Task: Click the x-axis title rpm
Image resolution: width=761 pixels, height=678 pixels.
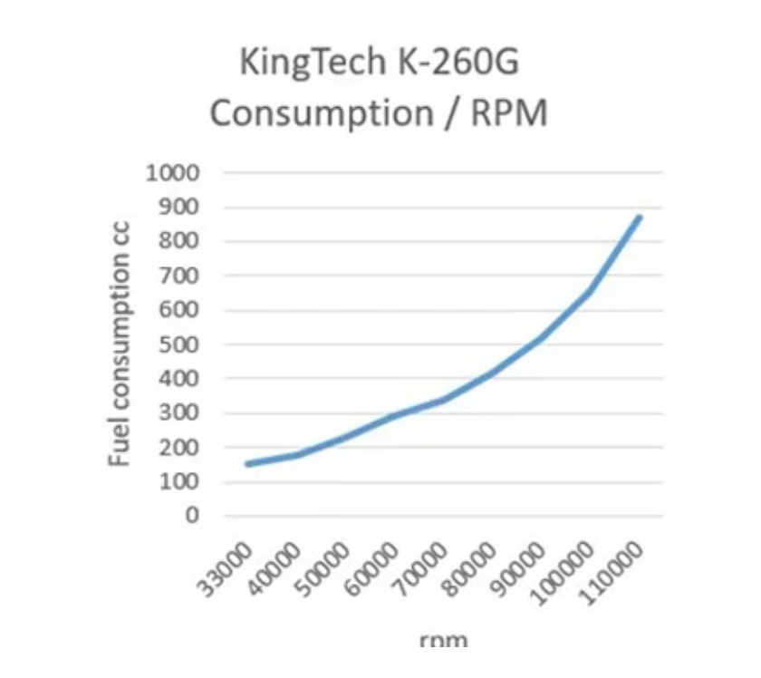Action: pos(444,641)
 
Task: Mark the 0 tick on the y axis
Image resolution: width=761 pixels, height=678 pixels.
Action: pos(192,516)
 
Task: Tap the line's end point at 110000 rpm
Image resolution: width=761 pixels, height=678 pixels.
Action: pos(640,218)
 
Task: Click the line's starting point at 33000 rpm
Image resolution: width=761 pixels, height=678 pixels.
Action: pos(247,464)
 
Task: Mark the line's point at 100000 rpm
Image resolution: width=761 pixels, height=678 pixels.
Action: pos(591,292)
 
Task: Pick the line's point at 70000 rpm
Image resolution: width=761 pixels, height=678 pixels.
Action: pos(444,399)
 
